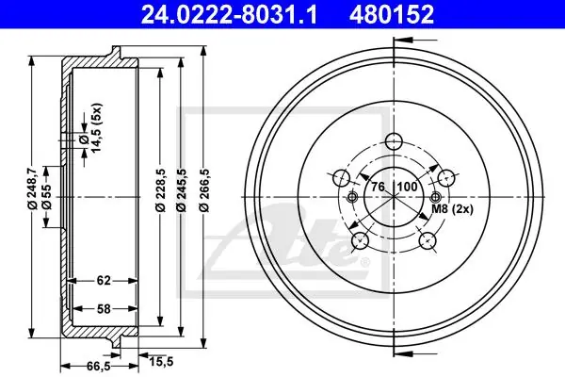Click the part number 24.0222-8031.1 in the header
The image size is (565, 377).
pos(229,14)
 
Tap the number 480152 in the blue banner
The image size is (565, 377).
pos(392,14)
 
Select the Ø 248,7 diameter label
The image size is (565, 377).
pos(32,188)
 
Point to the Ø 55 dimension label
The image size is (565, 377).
pos(47,197)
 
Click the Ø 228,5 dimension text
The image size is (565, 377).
pos(161,189)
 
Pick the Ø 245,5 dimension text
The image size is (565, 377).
pos(182,189)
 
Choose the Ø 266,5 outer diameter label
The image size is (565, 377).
pos(204,189)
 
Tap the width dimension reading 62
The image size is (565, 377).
pos(104,280)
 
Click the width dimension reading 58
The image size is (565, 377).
pos(104,309)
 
